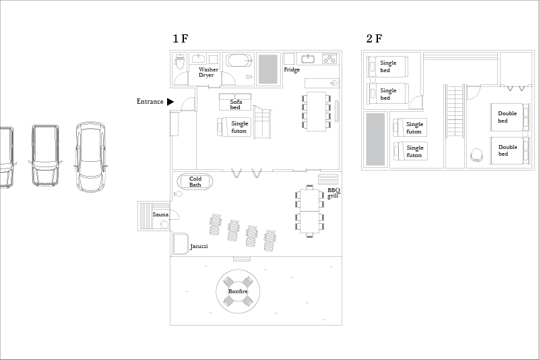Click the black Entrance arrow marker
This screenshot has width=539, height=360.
[170, 101]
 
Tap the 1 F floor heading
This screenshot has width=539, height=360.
[181, 38]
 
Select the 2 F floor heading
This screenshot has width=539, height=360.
[375, 38]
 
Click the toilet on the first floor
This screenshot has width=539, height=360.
[180, 61]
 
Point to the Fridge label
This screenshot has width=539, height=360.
[292, 69]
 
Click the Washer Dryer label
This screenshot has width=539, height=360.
[208, 72]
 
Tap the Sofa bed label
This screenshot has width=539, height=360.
[236, 104]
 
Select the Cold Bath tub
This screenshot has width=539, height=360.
[195, 181]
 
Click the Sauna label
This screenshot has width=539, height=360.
[160, 214]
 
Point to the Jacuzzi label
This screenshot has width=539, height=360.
[199, 246]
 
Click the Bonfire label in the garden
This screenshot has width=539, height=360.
[238, 291]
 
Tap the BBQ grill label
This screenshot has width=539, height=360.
[334, 193]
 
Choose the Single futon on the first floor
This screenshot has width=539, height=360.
[234, 127]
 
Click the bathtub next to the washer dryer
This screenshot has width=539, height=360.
[239, 61]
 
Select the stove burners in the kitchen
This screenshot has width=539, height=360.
[329, 59]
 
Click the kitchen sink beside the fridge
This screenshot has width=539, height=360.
[308, 59]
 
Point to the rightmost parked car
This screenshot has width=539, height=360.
[90, 157]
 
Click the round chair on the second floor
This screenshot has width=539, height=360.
[477, 154]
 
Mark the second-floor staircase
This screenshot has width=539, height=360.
[455, 110]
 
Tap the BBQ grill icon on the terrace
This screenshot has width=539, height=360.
[328, 179]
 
